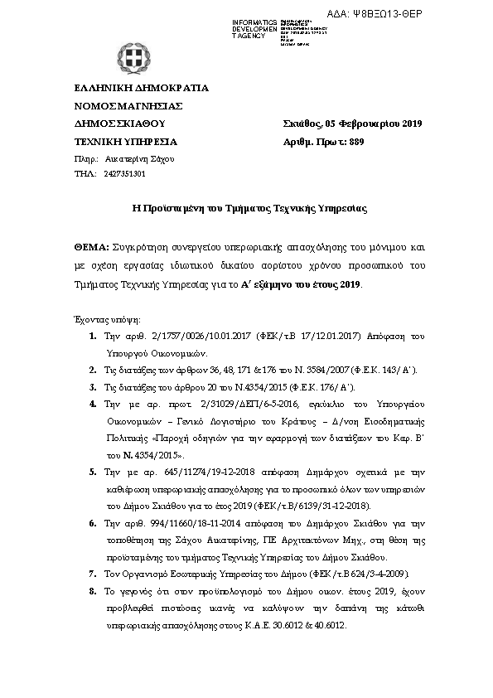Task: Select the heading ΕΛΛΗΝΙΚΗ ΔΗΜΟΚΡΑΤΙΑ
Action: [x=141, y=88]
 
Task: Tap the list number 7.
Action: [x=92, y=574]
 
